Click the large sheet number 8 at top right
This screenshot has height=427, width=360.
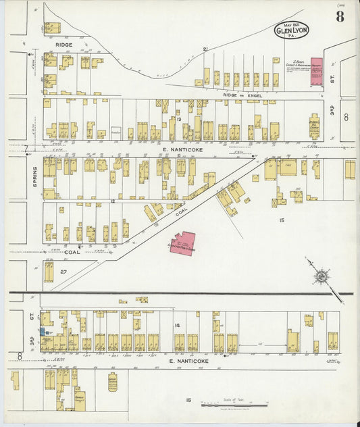pos(340,16)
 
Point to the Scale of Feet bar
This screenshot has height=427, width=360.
pos(234,405)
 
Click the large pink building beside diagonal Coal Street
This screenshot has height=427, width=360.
pos(182,243)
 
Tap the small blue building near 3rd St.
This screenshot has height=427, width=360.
pos(43,332)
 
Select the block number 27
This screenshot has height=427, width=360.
pos(63,272)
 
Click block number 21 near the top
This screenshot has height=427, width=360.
pos(205,49)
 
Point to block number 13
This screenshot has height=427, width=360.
pos(172,119)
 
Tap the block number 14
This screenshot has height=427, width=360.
pos(177,326)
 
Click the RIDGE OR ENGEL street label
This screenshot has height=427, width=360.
pos(242,96)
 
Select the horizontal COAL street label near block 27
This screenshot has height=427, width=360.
pos(72,252)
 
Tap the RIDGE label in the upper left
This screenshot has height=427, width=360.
pos(64,45)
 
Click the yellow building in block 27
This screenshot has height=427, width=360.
pos(49,272)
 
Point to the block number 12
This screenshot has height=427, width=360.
pos(113,201)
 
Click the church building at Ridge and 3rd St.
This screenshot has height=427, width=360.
pos(314,126)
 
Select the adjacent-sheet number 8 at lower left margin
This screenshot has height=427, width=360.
pos(20,355)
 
